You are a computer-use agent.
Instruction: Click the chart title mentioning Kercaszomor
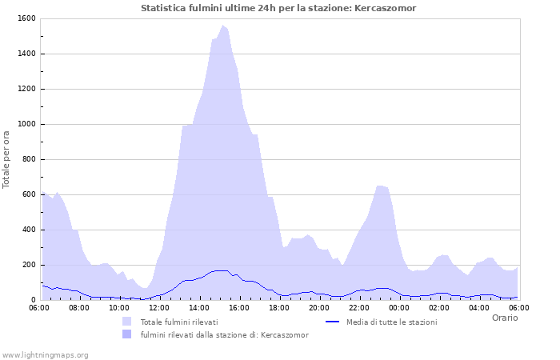point(278,8)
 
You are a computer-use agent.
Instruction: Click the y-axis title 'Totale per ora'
point(7,159)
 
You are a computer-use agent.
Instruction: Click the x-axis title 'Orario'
point(504,318)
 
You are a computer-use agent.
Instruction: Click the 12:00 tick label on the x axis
point(159,307)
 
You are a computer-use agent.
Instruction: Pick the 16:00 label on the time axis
point(239,307)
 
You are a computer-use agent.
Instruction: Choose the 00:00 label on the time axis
point(399,307)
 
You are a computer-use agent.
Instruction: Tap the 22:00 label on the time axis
point(359,307)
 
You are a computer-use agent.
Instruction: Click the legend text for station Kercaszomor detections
point(224,334)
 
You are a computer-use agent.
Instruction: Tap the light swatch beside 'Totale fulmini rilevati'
point(126,322)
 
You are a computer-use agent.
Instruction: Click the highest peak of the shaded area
point(223,26)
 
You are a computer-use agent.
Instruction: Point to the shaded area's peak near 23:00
point(379,186)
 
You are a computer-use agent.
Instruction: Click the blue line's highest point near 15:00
point(221,270)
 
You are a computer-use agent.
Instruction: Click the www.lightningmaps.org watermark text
point(46,354)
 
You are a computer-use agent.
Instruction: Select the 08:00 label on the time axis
point(79,307)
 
